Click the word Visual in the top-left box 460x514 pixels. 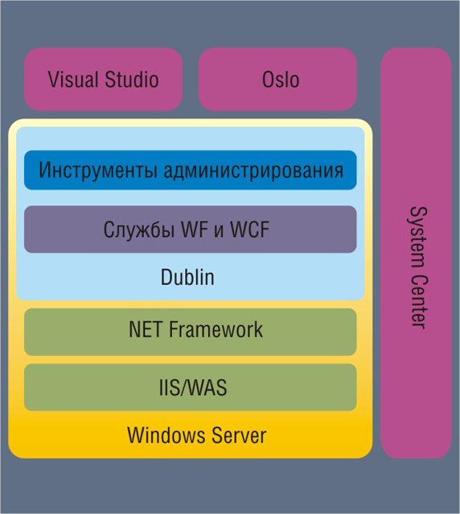pyautogui.click(x=73, y=80)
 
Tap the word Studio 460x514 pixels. pyautogui.click(x=132, y=80)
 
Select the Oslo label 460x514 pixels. pyautogui.click(x=281, y=80)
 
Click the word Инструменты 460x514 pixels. pyautogui.click(x=98, y=170)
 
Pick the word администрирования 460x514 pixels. pyautogui.click(x=254, y=170)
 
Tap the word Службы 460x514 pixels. pyautogui.click(x=139, y=229)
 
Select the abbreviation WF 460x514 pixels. pyautogui.click(x=195, y=229)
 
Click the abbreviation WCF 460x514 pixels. pyautogui.click(x=249, y=229)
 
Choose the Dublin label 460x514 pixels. pyautogui.click(x=187, y=277)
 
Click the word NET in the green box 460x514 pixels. pyautogui.click(x=146, y=329)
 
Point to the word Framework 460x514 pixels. pyautogui.click(x=216, y=329)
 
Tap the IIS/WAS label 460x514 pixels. pyautogui.click(x=193, y=387)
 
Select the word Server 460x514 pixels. pyautogui.click(x=239, y=435)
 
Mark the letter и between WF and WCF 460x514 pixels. pyautogui.click(x=219, y=231)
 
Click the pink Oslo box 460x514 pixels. pyautogui.click(x=277, y=80)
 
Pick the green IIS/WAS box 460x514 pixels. pyautogui.click(x=191, y=387)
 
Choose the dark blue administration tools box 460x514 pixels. pyautogui.click(x=191, y=170)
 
